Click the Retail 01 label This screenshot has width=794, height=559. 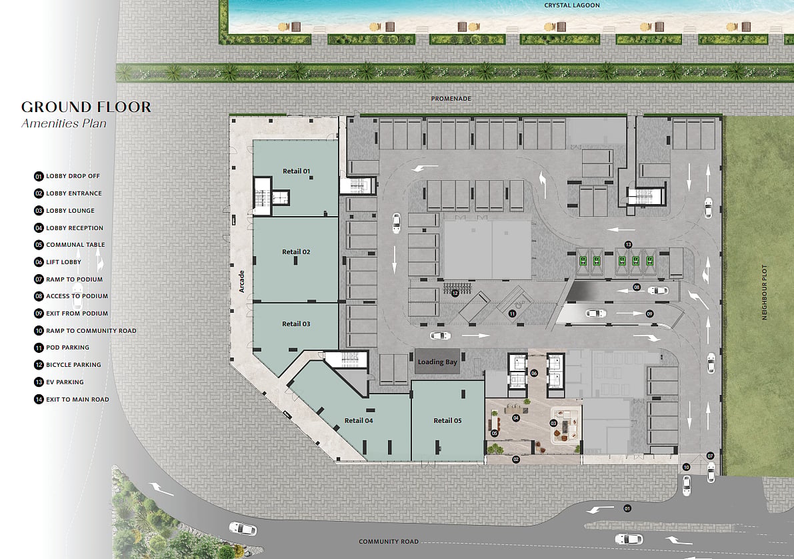296,171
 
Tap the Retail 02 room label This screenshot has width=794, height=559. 296,252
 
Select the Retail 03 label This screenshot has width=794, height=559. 296,324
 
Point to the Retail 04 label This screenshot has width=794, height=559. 359,421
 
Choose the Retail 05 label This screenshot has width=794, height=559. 447,421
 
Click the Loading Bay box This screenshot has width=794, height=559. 437,362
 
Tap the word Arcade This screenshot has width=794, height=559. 241,282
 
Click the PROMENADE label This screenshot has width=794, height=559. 451,98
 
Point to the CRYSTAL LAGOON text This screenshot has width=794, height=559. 572,5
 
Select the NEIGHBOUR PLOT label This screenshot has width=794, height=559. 765,292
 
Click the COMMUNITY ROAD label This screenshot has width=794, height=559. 389,541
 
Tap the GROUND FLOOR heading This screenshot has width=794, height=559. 86,107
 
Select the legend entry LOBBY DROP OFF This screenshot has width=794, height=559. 67,176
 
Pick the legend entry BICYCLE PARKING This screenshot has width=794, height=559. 67,365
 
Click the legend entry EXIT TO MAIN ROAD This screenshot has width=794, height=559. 71,400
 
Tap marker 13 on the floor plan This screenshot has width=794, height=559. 629,245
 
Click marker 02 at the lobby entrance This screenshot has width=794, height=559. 516,460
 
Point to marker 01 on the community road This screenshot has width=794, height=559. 627,508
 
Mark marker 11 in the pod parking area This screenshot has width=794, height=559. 513,314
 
